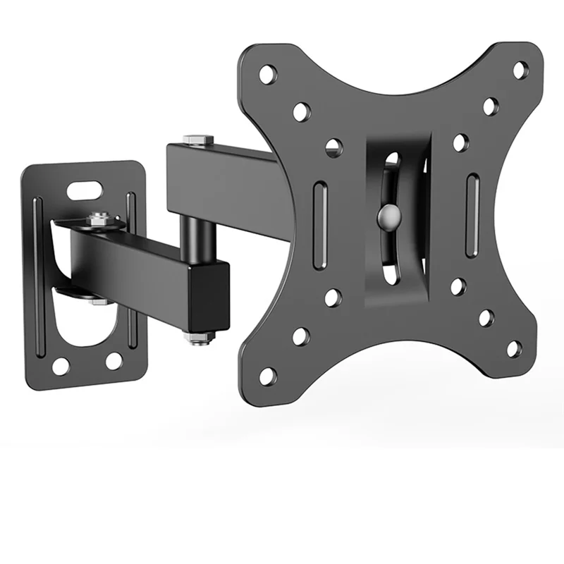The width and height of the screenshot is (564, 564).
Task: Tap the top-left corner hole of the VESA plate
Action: pyautogui.click(x=268, y=73)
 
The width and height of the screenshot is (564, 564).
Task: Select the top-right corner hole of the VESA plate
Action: pyautogui.click(x=520, y=70)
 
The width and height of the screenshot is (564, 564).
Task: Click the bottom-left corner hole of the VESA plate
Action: pyautogui.click(x=268, y=376)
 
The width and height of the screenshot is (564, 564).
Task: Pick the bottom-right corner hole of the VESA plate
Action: pyautogui.click(x=515, y=348)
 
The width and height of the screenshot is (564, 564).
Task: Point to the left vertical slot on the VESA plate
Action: pyautogui.click(x=319, y=211)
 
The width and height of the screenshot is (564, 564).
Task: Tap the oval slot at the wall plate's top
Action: pyautogui.click(x=85, y=189)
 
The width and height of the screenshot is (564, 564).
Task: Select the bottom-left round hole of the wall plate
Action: pyautogui.click(x=61, y=365)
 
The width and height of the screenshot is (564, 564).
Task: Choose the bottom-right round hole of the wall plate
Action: pyautogui.click(x=114, y=361)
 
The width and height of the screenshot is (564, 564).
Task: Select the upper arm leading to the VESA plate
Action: pyautogui.click(x=226, y=176)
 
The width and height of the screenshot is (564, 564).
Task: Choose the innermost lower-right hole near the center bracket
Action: pyautogui.click(x=458, y=286)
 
